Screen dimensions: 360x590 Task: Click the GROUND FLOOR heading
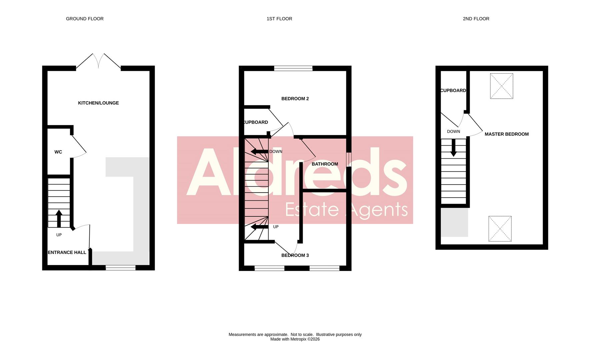tap(85, 19)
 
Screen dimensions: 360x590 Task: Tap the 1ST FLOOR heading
tap(279, 19)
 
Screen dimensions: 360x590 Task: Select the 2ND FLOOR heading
tap(476, 19)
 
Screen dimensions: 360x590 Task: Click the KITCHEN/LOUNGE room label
tap(98, 103)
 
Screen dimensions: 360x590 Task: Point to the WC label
tap(58, 152)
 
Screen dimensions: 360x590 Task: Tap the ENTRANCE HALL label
tap(67, 252)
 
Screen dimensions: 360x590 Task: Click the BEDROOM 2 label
tap(295, 99)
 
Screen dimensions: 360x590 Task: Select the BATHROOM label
tap(325, 164)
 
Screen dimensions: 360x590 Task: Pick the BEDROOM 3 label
tap(295, 255)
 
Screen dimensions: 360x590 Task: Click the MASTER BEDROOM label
tap(506, 134)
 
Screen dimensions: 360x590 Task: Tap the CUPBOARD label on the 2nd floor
tap(453, 91)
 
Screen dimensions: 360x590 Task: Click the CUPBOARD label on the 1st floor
tap(255, 122)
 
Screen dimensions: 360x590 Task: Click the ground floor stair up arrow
tap(59, 218)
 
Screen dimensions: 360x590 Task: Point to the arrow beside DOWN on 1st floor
tap(259, 152)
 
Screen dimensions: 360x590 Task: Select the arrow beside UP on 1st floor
tap(259, 227)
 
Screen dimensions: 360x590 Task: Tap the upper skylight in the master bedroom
tap(501, 86)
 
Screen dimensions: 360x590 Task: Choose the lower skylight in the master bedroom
tap(500, 229)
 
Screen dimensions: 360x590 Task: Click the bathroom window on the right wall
tap(349, 159)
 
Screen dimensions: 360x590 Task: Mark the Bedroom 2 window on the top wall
tap(293, 68)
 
